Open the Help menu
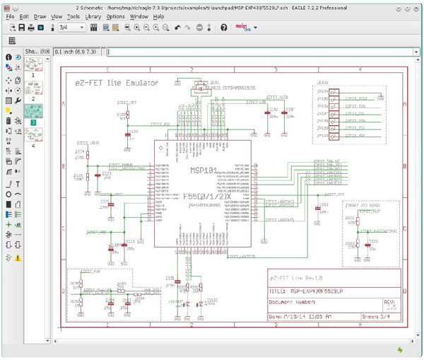(x=159, y=16)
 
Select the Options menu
(x=116, y=16)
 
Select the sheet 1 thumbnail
(x=32, y=65)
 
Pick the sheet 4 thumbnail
(x=32, y=137)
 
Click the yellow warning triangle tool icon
(x=18, y=258)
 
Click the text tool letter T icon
(x=8, y=183)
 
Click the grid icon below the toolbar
(x=12, y=41)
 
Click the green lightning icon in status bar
(x=400, y=349)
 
